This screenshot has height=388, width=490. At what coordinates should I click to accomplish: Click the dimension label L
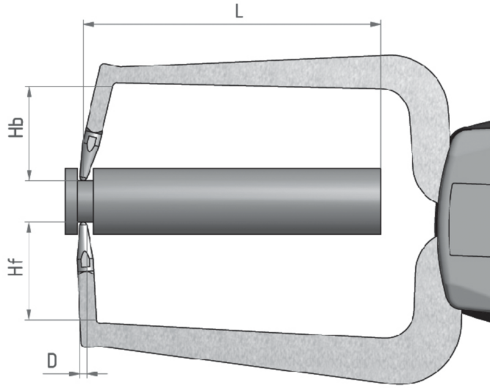point(239,11)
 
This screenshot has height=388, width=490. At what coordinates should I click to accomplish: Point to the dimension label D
point(52,360)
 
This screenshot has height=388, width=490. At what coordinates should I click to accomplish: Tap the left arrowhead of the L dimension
point(88,25)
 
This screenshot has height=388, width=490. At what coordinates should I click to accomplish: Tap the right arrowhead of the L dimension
point(377,25)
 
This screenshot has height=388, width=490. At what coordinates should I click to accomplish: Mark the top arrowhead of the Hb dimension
point(29,90)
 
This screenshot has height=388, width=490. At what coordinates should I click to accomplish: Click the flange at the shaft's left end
point(70,201)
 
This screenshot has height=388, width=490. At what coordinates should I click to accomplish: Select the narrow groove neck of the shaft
point(85,201)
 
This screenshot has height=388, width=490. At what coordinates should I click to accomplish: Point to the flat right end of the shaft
point(379,201)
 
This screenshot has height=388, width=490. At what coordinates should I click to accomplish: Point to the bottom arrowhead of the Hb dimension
point(29,177)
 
